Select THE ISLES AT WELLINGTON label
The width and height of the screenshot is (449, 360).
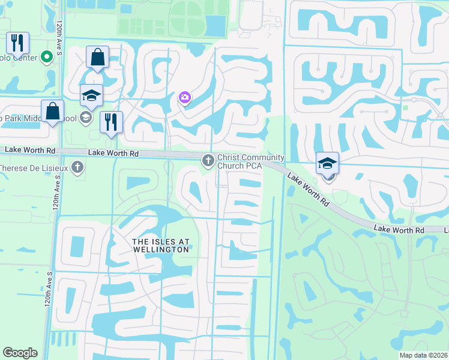click(161, 245)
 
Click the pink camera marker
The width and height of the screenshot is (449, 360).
click(185, 97)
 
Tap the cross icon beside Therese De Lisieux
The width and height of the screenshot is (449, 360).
click(77, 167)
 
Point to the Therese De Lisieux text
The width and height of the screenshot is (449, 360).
click(33, 167)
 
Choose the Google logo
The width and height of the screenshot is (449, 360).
click(20, 353)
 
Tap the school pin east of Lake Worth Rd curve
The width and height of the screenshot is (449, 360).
click(328, 163)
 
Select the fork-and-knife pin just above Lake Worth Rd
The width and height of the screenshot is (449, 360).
click(111, 122)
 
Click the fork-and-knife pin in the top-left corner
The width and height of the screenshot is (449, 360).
click(17, 43)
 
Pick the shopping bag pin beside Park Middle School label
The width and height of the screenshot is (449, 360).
click(53, 112)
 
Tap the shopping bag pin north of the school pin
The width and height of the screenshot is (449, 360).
click(97, 58)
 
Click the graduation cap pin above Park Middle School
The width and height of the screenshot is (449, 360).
click(92, 96)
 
